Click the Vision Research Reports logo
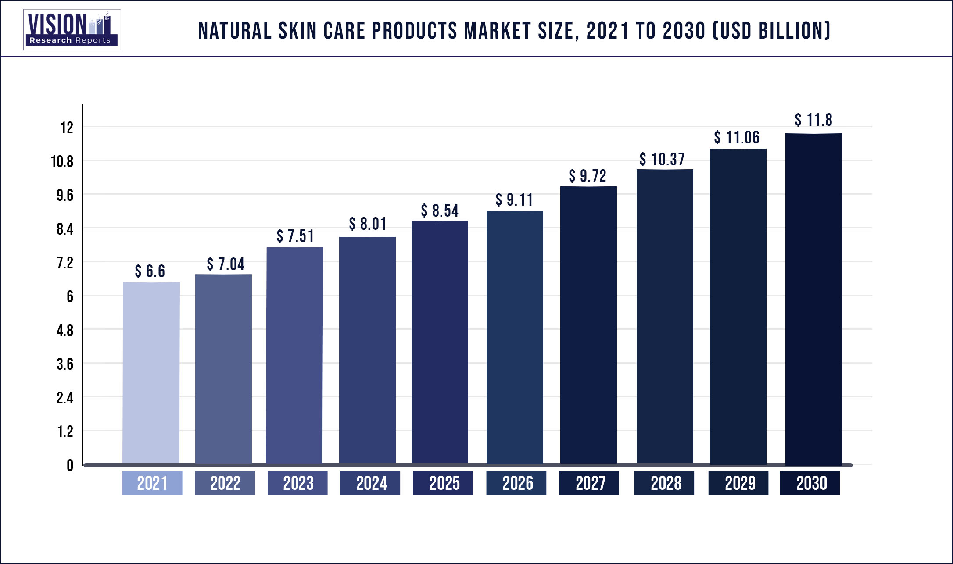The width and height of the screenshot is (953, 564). (72, 30)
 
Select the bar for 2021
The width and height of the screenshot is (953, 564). (151, 373)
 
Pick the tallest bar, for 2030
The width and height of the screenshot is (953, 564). (813, 298)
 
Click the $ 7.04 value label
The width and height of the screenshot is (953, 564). (226, 264)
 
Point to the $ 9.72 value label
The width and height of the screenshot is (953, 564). (588, 176)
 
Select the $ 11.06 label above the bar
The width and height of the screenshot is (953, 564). (736, 138)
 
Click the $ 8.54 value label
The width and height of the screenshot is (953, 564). (440, 211)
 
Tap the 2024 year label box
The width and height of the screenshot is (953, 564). (370, 483)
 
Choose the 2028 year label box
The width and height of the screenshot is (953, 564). (664, 483)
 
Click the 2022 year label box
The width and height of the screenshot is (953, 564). (225, 483)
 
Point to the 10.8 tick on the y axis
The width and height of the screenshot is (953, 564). (62, 162)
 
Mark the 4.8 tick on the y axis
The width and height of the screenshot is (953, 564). (65, 330)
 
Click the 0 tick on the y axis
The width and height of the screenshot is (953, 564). (70, 465)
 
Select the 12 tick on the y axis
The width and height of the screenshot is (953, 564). (67, 128)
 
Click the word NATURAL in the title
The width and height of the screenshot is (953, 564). (235, 31)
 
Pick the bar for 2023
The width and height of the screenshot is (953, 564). (294, 355)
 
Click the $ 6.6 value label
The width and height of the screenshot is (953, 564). (150, 271)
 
